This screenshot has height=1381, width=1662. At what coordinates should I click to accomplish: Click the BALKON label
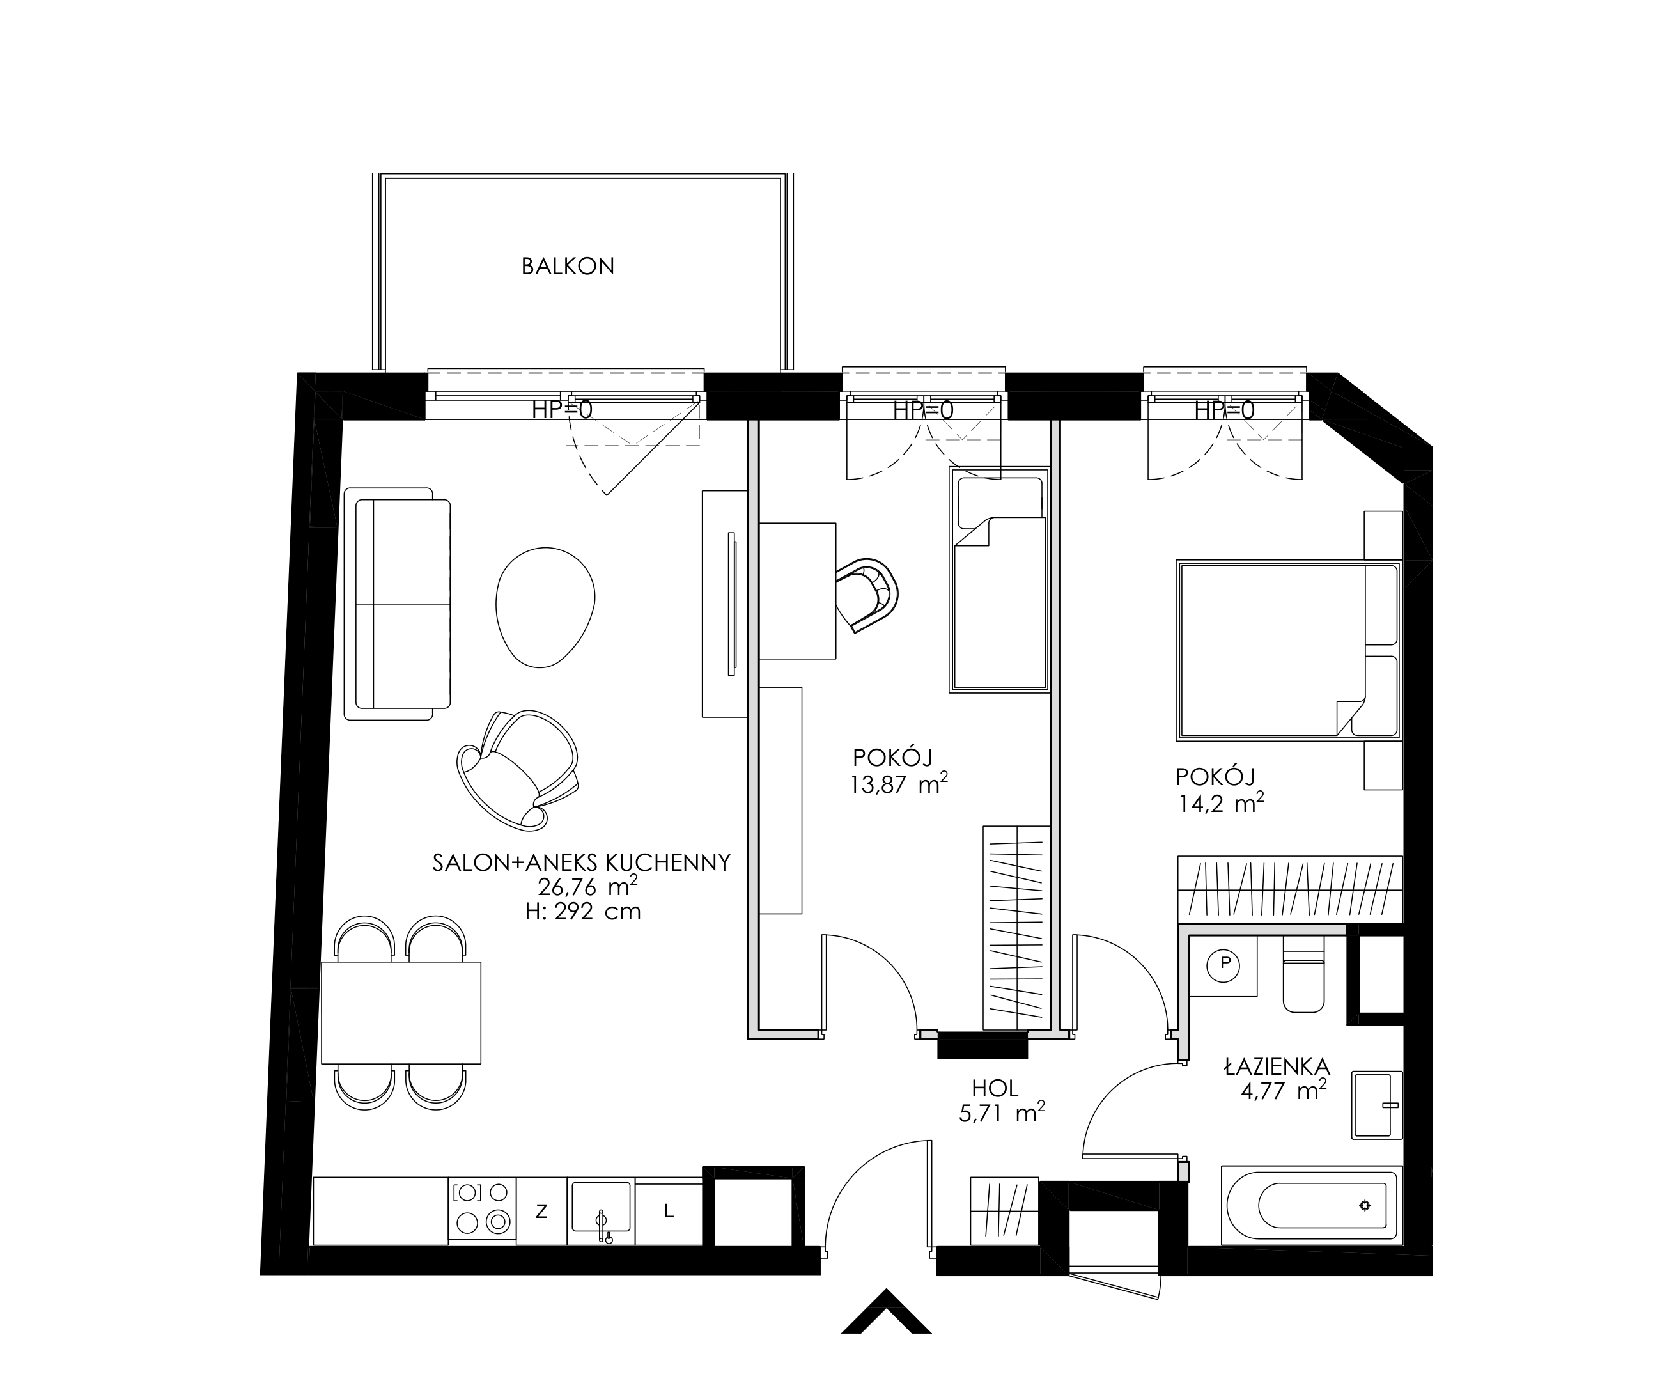[568, 267]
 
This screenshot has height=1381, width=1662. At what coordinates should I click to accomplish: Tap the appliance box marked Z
[541, 1211]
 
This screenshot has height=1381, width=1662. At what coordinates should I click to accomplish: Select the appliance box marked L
[669, 1211]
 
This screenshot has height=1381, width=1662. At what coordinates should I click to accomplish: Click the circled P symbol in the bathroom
[1226, 963]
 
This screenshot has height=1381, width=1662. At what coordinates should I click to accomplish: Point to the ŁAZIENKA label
[1277, 1067]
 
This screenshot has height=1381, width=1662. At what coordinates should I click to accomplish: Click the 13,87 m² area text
[899, 784]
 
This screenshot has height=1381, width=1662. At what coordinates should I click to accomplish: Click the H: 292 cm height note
[582, 912]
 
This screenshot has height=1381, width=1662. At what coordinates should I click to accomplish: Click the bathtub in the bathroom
[1312, 1205]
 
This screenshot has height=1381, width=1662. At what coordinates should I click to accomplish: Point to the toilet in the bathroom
[1303, 975]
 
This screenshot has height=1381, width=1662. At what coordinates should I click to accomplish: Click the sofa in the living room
[398, 604]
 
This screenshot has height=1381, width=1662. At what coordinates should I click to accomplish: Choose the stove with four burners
[482, 1211]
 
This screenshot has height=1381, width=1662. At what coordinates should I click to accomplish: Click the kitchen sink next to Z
[602, 1211]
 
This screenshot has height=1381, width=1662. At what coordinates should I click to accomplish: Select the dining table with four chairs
[401, 1013]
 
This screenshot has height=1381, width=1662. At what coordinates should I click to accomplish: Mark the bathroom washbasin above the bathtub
[1377, 1105]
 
